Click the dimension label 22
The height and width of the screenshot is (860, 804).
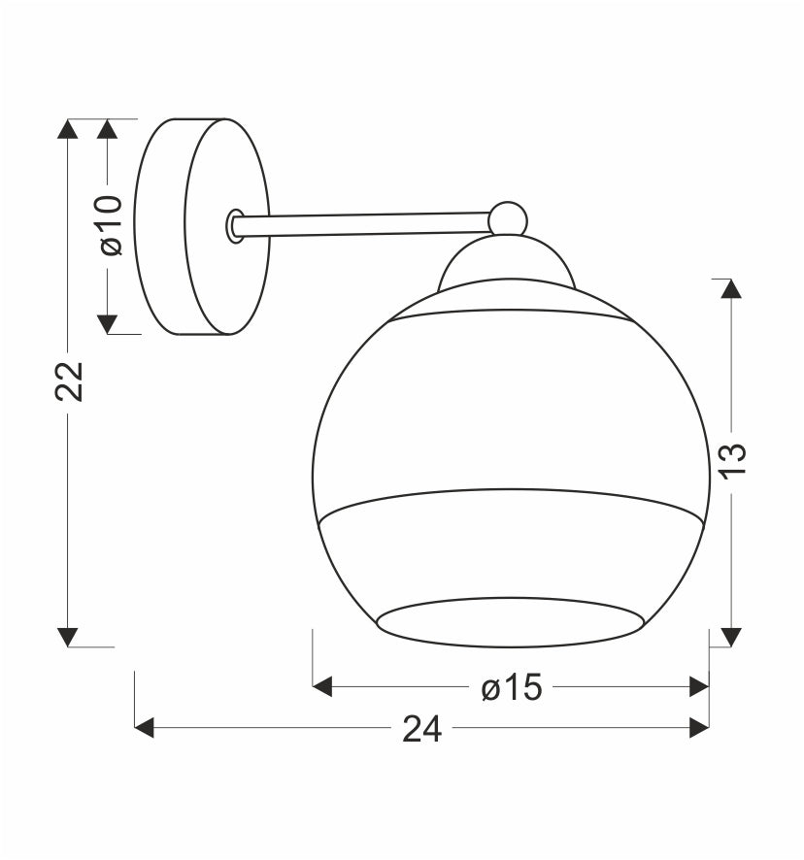click(x=69, y=381)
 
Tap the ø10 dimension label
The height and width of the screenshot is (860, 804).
click(x=111, y=225)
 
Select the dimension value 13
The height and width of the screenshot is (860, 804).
click(x=734, y=461)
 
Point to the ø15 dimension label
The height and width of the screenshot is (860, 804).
click(x=512, y=687)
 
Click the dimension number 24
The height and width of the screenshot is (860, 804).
click(x=422, y=730)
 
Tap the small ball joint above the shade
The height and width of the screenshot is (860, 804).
click(x=508, y=218)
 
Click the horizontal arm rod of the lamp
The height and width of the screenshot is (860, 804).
click(x=362, y=225)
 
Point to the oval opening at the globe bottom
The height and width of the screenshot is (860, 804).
click(x=509, y=622)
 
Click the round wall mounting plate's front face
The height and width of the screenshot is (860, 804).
click(x=227, y=226)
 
